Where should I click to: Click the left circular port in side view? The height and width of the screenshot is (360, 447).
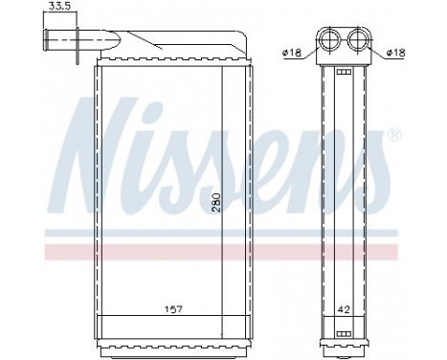(x=332, y=40)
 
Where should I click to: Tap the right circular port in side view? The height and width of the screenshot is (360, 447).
(x=361, y=40)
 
